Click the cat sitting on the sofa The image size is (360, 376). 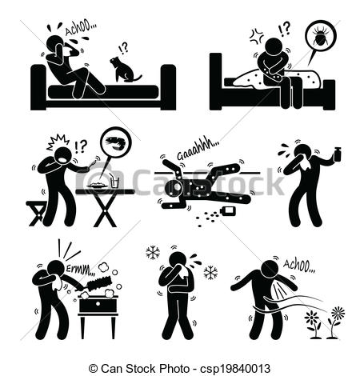[x=123, y=70]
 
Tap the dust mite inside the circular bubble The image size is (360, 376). [x=321, y=38]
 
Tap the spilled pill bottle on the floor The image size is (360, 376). [x=228, y=211]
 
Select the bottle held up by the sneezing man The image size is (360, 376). [x=337, y=154]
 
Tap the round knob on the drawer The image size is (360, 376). [x=98, y=304]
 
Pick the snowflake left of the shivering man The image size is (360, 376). [x=153, y=253]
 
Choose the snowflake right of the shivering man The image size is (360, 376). [x=210, y=273]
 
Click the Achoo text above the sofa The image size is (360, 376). [x=81, y=29]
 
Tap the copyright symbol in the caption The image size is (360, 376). [x=93, y=369]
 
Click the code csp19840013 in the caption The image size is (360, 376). [x=235, y=369]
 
